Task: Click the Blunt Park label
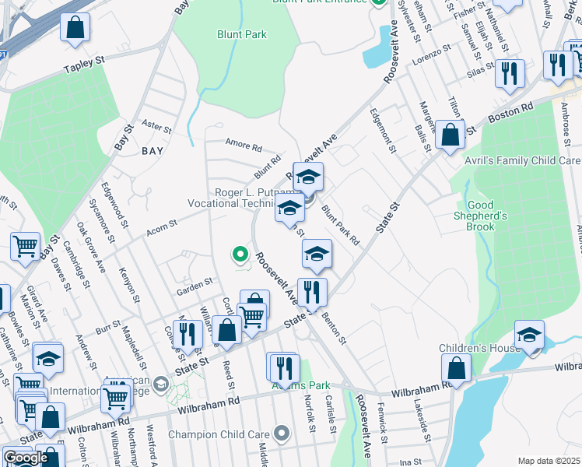tap(241, 34)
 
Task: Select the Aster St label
tap(156, 125)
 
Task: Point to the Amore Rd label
tap(244, 145)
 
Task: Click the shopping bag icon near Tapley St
tap(75, 29)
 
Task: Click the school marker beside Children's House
tap(530, 335)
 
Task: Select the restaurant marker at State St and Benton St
tap(312, 293)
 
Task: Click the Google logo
tap(26, 457)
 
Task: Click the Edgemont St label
tap(386, 130)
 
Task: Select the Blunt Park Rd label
tap(341, 226)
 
